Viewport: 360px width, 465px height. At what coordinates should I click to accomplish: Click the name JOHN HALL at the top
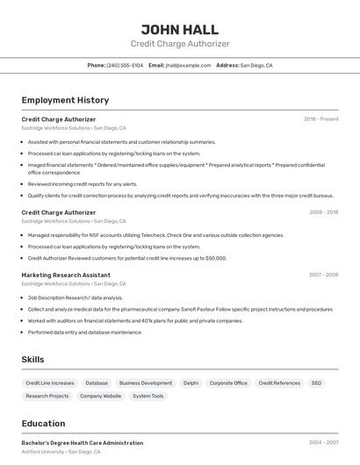(180, 29)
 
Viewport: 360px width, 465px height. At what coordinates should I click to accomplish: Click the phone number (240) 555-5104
(124, 66)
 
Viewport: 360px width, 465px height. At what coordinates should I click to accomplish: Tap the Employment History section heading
(65, 100)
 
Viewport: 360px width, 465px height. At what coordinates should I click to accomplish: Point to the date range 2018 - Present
(320, 119)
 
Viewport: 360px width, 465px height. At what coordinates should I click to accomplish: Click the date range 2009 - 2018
(323, 212)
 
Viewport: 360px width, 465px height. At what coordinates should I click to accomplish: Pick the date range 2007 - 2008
(323, 275)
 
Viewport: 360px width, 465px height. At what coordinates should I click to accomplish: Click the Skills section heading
(33, 360)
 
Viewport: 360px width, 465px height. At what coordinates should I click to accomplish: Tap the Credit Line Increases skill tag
(50, 383)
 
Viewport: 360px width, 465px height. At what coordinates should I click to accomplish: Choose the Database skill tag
(97, 383)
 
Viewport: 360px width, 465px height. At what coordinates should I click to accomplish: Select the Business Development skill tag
(146, 383)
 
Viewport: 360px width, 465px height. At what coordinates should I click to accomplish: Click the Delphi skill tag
(191, 383)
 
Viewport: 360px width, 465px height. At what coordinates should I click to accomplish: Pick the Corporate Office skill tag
(228, 383)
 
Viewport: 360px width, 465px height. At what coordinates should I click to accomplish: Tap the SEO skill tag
(316, 383)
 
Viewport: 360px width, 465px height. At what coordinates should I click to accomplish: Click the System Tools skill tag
(148, 397)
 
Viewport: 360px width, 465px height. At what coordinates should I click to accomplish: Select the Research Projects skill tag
(47, 397)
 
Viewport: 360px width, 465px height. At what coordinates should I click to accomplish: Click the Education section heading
(43, 424)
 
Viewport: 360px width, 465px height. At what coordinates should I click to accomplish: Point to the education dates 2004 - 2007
(323, 443)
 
